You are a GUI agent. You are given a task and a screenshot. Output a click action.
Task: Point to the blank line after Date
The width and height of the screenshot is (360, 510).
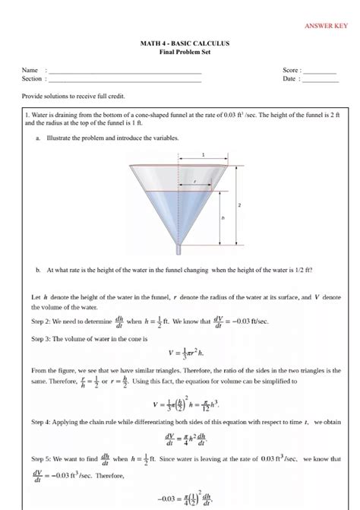[320, 79]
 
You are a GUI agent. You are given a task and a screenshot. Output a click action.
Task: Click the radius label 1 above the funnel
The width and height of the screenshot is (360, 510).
[204, 154]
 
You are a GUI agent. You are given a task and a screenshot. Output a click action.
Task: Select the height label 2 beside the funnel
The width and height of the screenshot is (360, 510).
[239, 205]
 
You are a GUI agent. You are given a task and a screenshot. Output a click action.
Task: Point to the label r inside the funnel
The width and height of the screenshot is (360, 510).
[194, 182]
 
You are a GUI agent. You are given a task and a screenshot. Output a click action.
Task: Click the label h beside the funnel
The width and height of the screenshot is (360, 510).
[223, 217]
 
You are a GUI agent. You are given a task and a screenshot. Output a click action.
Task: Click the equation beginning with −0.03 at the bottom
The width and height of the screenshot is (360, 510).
[180, 498]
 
